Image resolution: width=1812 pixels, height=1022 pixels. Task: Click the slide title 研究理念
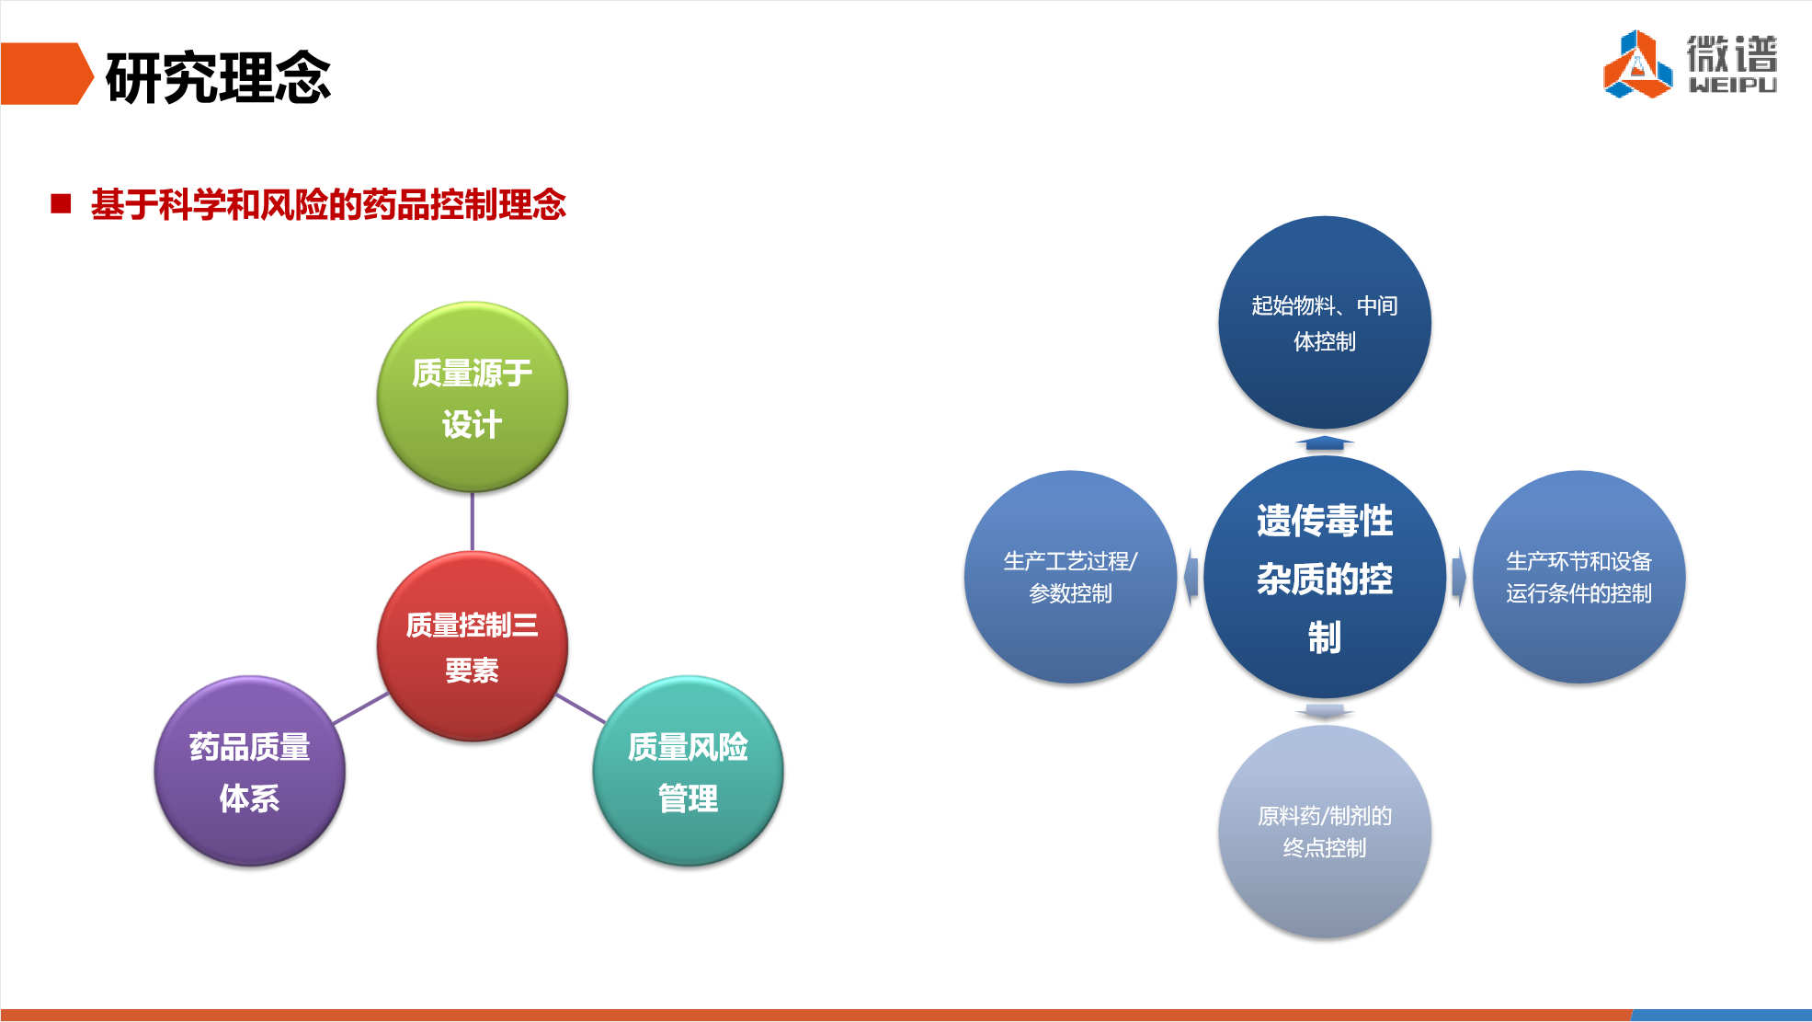[x=218, y=77]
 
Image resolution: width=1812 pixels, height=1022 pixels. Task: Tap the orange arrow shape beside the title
[x=46, y=74]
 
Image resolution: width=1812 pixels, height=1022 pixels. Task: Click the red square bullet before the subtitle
[x=61, y=203]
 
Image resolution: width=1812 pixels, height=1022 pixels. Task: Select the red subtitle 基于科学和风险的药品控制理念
[x=328, y=204]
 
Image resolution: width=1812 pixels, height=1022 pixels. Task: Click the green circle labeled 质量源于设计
[x=472, y=396]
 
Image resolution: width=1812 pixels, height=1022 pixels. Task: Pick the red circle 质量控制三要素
[x=472, y=646]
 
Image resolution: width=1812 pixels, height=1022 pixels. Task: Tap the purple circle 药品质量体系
[x=249, y=771]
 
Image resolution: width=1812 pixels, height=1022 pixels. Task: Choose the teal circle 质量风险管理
[x=688, y=771]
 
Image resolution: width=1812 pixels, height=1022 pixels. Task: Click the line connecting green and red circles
[x=473, y=522]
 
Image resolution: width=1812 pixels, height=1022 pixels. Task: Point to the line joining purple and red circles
[x=361, y=708]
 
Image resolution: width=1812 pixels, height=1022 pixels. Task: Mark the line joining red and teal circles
[x=580, y=708]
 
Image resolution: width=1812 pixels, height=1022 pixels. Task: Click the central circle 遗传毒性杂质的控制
[x=1325, y=577]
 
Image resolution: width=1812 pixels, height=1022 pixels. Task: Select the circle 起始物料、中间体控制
[x=1325, y=322]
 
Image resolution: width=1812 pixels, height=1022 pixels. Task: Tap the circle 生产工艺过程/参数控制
[x=1070, y=577]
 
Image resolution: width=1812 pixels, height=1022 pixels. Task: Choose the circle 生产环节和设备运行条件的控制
[x=1578, y=577]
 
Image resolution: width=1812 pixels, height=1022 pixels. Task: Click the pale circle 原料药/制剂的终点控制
[x=1325, y=832]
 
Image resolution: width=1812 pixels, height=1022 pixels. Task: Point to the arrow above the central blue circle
[x=1325, y=443]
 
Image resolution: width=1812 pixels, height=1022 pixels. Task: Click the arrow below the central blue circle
[x=1325, y=711]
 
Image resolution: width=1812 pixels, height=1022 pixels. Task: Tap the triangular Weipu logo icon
[x=1637, y=64]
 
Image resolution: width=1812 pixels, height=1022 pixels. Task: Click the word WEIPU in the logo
[x=1732, y=85]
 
